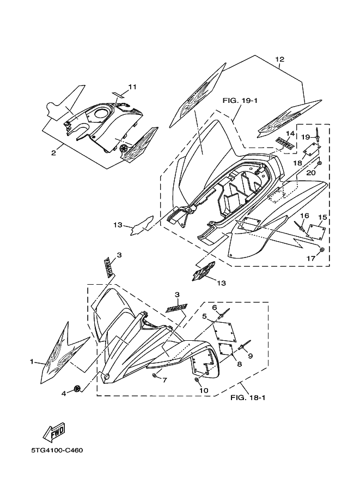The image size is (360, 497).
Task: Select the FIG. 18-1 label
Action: pyautogui.click(x=248, y=396)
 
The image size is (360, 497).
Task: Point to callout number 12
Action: pyautogui.click(x=280, y=59)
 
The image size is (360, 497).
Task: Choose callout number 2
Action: pyautogui.click(x=53, y=154)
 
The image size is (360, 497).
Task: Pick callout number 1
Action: pyautogui.click(x=32, y=361)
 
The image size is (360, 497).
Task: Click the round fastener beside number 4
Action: pyautogui.click(x=77, y=388)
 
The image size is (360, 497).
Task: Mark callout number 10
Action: pyautogui.click(x=204, y=390)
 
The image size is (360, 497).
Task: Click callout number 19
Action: pyautogui.click(x=306, y=136)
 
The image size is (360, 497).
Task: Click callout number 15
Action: pyautogui.click(x=322, y=218)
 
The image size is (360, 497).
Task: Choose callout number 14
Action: pyautogui.click(x=290, y=133)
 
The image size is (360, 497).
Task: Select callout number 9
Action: pyautogui.click(x=251, y=356)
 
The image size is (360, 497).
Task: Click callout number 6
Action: pyautogui.click(x=215, y=307)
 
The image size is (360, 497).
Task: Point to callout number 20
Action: pyautogui.click(x=312, y=172)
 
